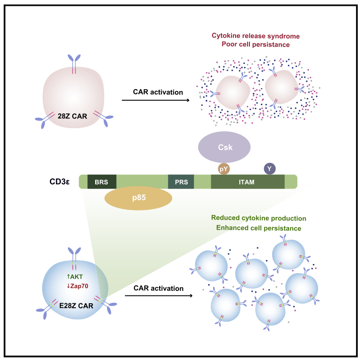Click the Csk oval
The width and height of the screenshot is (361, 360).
coord(224,147)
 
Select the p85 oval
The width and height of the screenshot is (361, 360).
coord(138,198)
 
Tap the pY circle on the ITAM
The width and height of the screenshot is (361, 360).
coord(224,169)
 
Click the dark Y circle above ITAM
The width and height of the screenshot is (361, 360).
coord(269,169)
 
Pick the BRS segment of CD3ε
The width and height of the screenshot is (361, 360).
coord(102,182)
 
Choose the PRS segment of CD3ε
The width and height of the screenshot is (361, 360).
coord(181,182)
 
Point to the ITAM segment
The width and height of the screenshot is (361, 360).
coord(248,182)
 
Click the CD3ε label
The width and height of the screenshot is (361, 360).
coord(59,182)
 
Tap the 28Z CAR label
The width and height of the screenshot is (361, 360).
coord(73,116)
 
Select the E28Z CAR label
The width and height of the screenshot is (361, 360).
coord(76,306)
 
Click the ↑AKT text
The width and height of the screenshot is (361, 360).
coord(75,276)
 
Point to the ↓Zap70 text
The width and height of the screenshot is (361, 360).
coord(78,286)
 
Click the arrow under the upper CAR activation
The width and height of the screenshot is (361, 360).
coord(156,100)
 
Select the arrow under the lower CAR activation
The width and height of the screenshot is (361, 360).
coord(159,296)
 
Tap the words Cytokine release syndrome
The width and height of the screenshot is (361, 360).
coord(256,36)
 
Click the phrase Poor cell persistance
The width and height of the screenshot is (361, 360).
coord(256,44)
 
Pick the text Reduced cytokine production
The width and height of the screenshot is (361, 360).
coord(259,218)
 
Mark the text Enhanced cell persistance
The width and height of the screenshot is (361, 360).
coord(259,228)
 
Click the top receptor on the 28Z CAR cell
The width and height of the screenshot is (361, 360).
coord(74,64)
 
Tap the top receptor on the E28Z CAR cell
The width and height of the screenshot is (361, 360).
coord(74,258)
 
